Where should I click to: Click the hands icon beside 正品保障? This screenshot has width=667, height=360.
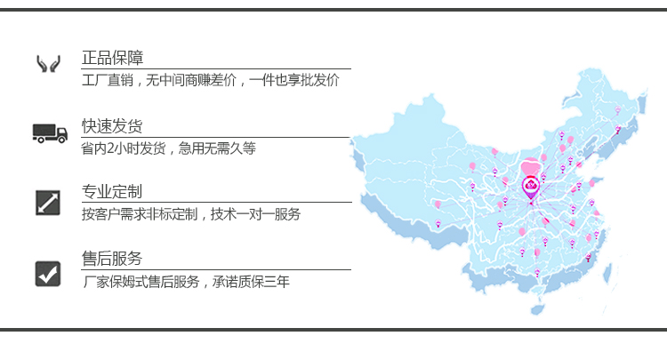pos(47,64)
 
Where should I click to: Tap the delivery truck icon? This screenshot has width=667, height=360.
pos(50,132)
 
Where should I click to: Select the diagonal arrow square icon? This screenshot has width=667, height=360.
pos(47,202)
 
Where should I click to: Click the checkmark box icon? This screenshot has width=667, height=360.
pos(47,272)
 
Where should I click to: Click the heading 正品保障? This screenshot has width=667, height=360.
pos(112,58)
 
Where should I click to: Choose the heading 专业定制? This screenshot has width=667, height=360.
pos(112,192)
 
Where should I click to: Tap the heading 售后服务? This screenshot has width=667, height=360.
pos(112,260)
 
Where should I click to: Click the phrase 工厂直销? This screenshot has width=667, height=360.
pos(106,81)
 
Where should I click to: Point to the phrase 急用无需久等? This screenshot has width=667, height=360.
pos(217,148)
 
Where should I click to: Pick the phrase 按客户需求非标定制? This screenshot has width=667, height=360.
pos(141,214)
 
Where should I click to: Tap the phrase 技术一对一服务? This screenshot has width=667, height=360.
pos(257,214)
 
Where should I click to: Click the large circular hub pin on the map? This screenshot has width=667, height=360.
pos(531,188)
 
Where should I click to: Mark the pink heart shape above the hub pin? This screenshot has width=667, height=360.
pos(531,166)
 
